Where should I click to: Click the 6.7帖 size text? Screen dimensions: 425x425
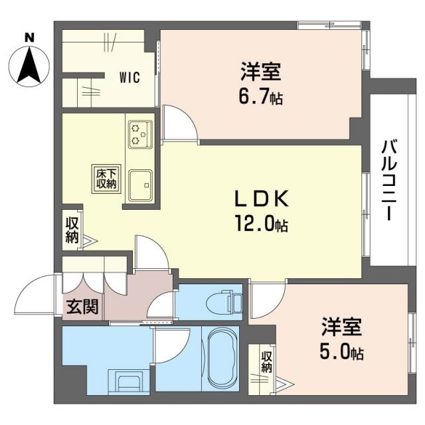(261, 98)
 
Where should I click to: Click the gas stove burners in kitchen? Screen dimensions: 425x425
(139, 133)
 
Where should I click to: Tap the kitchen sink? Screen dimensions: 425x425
(141, 184)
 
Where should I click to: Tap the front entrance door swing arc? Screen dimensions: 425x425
(39, 297)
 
